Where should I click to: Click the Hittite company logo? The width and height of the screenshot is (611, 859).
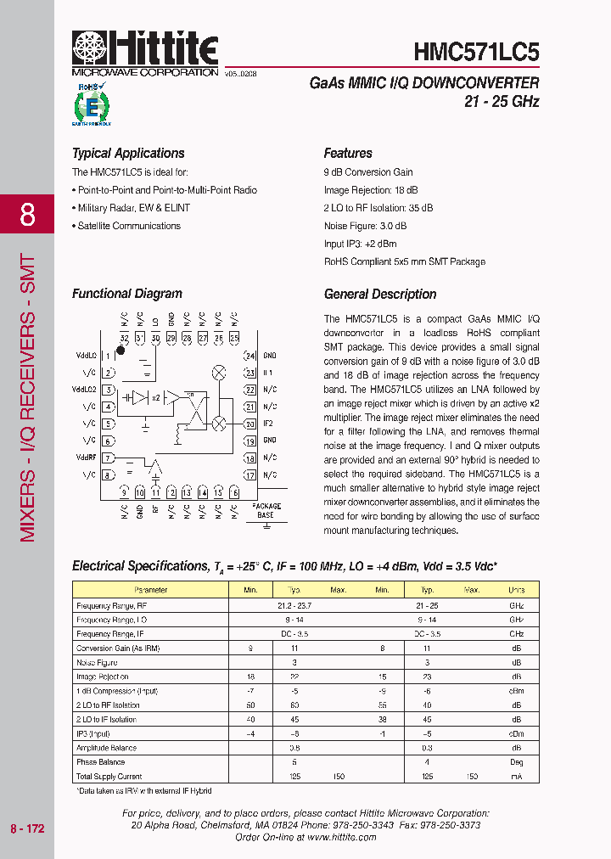[145, 52]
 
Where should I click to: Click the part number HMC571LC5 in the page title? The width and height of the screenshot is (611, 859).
[476, 53]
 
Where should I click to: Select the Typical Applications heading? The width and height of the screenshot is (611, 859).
[128, 154]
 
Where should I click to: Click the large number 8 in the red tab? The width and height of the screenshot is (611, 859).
[27, 215]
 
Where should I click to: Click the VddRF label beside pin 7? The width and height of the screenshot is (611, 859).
[85, 458]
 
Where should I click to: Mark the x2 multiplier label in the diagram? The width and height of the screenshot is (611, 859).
[155, 396]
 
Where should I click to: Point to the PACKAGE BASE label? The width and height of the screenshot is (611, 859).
[266, 511]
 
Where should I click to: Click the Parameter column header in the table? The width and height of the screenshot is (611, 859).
[151, 590]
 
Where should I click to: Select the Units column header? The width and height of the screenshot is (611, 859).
[516, 590]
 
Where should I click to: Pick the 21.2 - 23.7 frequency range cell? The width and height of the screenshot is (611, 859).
[294, 605]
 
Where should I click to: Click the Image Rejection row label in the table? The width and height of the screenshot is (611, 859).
[103, 677]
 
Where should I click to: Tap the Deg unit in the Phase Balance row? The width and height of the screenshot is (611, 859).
[516, 762]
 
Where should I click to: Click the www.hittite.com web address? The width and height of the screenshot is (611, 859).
[342, 837]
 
